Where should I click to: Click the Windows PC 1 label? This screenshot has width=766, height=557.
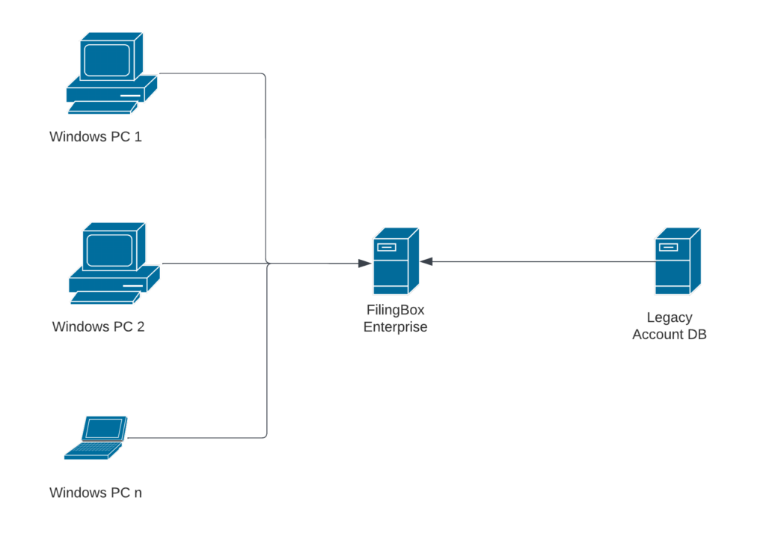click(x=95, y=137)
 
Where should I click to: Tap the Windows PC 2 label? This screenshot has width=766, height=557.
click(x=98, y=327)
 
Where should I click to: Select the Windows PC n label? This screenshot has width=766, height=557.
click(x=95, y=493)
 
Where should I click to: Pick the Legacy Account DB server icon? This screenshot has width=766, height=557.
click(x=677, y=262)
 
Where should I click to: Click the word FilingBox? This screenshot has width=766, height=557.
click(x=395, y=310)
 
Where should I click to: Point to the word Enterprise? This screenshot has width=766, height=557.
click(x=395, y=327)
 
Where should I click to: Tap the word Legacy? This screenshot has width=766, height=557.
click(x=670, y=317)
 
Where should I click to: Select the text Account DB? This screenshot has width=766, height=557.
click(x=670, y=335)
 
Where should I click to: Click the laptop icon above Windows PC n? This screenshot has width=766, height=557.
click(x=96, y=437)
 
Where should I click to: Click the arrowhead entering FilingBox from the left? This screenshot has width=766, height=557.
click(x=365, y=264)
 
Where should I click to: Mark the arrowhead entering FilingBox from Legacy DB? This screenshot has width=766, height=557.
click(x=426, y=261)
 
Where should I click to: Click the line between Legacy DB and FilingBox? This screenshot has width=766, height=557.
click(x=539, y=261)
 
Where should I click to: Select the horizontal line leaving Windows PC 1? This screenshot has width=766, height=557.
click(x=209, y=73)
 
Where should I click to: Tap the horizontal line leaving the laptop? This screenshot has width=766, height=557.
click(x=194, y=437)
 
